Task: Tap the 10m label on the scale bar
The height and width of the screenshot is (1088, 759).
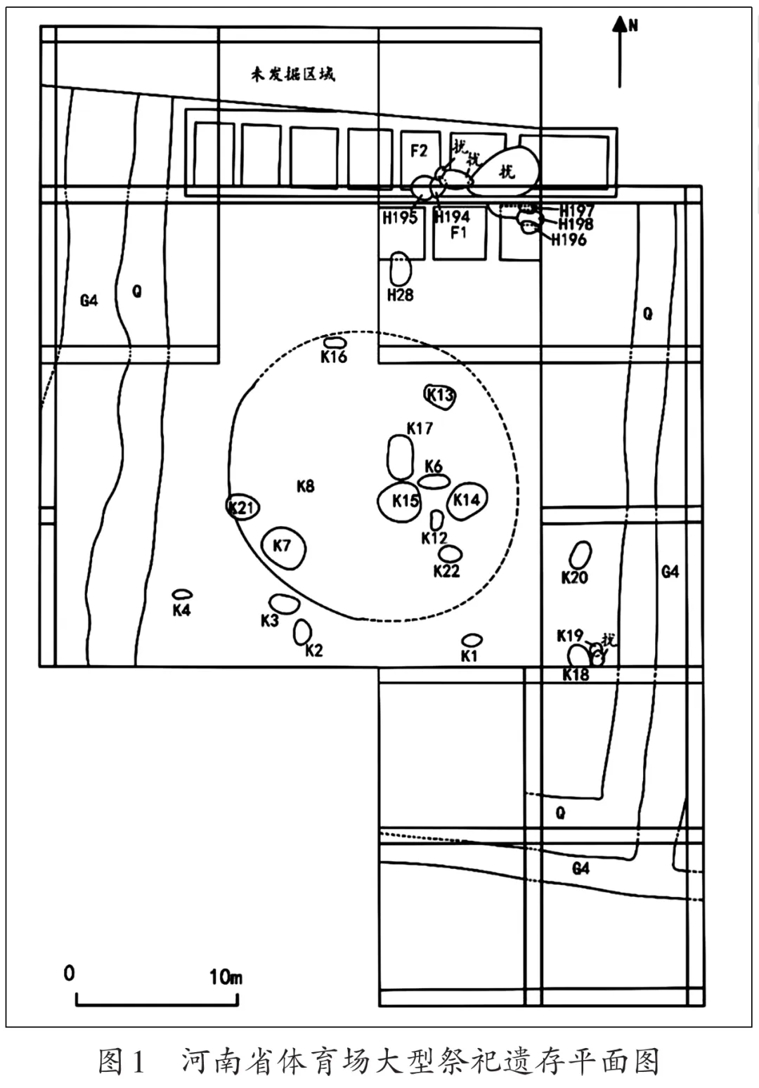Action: point(226,977)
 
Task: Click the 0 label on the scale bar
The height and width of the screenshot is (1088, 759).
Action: point(69,974)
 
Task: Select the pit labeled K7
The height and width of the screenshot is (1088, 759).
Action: point(283,547)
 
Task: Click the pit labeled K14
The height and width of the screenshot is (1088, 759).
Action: point(467,500)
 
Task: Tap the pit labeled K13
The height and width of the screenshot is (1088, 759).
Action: point(440,395)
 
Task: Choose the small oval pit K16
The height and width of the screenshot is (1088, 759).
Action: point(335,342)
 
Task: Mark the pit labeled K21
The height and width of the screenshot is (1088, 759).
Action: point(243,506)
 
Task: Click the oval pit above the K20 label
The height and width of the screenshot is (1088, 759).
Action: point(580,556)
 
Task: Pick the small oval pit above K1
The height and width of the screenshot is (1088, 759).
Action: point(472,640)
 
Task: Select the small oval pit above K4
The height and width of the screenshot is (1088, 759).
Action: point(182,594)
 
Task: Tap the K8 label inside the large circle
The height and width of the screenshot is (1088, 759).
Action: point(306,486)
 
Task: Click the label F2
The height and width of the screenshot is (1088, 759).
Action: point(420,150)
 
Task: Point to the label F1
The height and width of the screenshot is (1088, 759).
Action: point(459,232)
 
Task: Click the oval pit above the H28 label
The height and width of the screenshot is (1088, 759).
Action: point(400,268)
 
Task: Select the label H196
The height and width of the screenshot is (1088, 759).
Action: point(569,240)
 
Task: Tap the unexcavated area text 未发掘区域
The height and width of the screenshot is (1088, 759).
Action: point(292,74)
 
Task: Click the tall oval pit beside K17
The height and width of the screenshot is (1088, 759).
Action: point(401,457)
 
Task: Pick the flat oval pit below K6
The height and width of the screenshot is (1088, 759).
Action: point(434,481)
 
